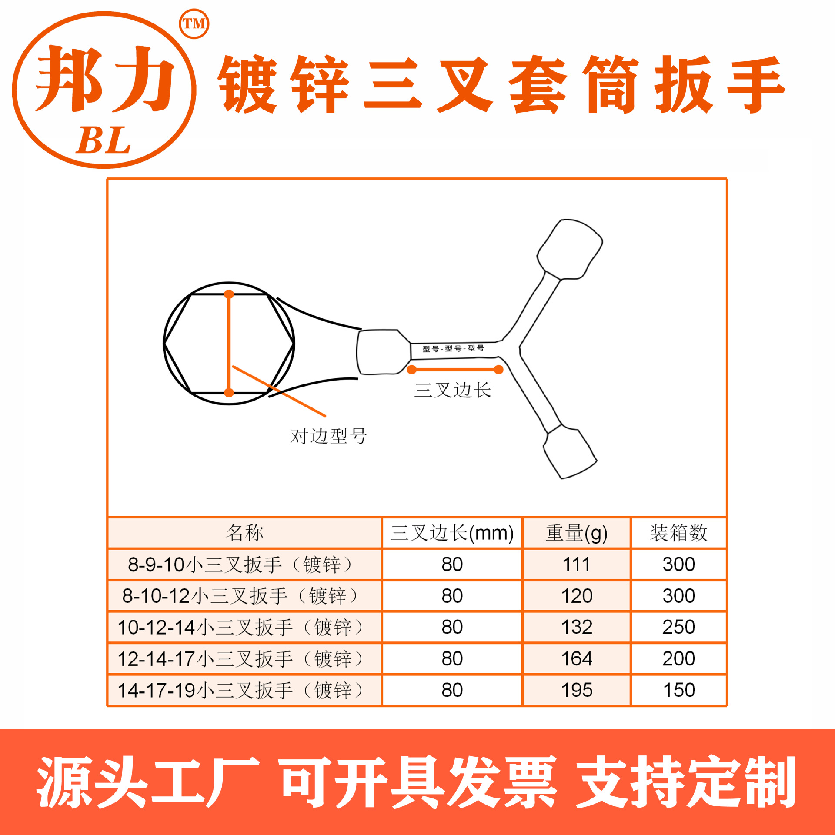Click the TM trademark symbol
pyautogui.click(x=194, y=24)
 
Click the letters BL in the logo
pyautogui.click(x=104, y=140)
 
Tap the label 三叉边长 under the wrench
pyautogui.click(x=452, y=390)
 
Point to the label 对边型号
pyautogui.click(x=329, y=436)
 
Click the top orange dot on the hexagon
pyautogui.click(x=229, y=294)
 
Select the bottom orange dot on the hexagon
pyautogui.click(x=229, y=393)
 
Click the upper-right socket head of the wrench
pyautogui.click(x=570, y=249)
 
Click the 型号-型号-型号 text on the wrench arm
pyautogui.click(x=453, y=348)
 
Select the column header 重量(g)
pyautogui.click(x=576, y=533)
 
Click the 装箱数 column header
pyautogui.click(x=678, y=533)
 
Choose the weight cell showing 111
pyautogui.click(x=576, y=564)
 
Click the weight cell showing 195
pyautogui.click(x=577, y=690)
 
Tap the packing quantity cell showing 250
pyautogui.click(x=678, y=627)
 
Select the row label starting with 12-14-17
pyautogui.click(x=240, y=659)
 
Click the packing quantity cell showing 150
pyautogui.click(x=678, y=690)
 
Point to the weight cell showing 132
pyautogui.click(x=577, y=627)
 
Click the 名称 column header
pyautogui.click(x=244, y=533)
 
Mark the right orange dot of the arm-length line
pyautogui.click(x=499, y=370)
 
